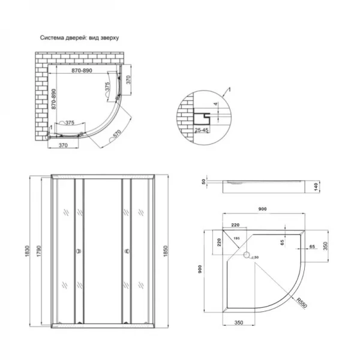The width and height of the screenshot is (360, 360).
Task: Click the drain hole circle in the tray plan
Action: coord(245,256)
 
